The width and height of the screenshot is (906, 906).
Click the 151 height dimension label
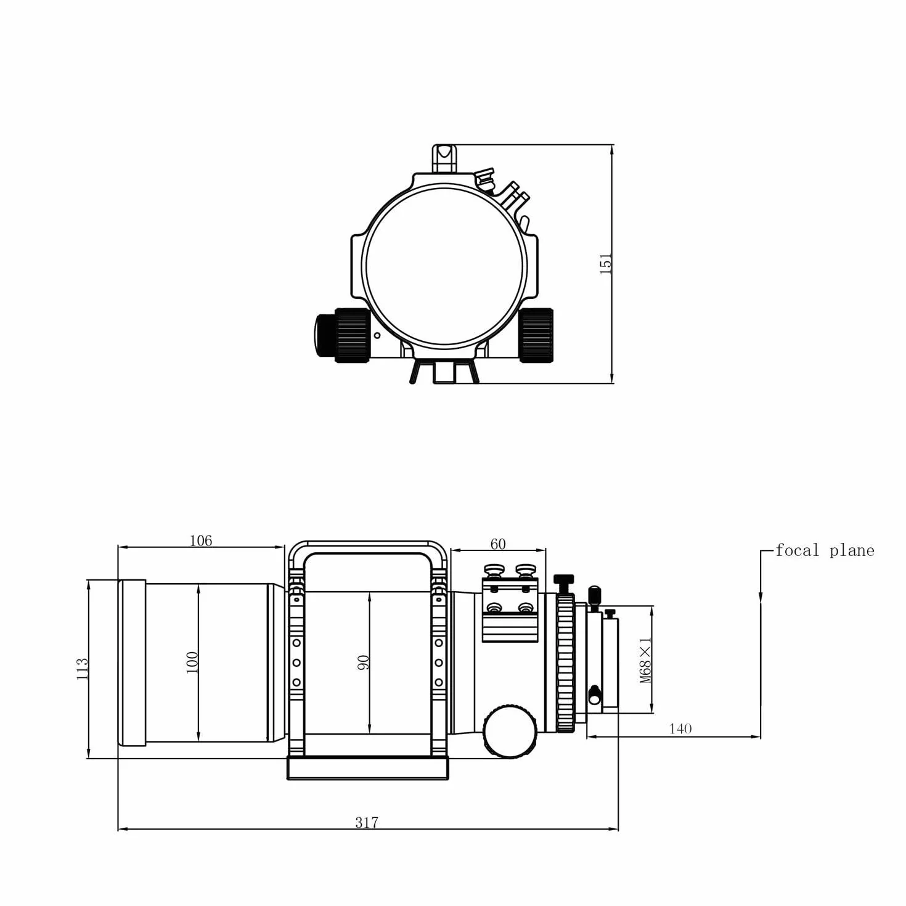click(x=606, y=264)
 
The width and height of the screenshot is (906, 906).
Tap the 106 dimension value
click(x=201, y=541)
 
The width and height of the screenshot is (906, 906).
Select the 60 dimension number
click(x=498, y=544)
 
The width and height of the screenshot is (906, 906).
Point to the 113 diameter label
click(x=82, y=669)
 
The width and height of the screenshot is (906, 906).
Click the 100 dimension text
click(x=192, y=663)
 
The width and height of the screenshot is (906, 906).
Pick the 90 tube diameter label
click(x=364, y=663)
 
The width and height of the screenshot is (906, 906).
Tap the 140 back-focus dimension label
click(x=680, y=728)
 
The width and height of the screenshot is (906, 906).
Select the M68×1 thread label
click(x=646, y=660)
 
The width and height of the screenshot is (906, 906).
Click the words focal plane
click(x=825, y=550)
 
